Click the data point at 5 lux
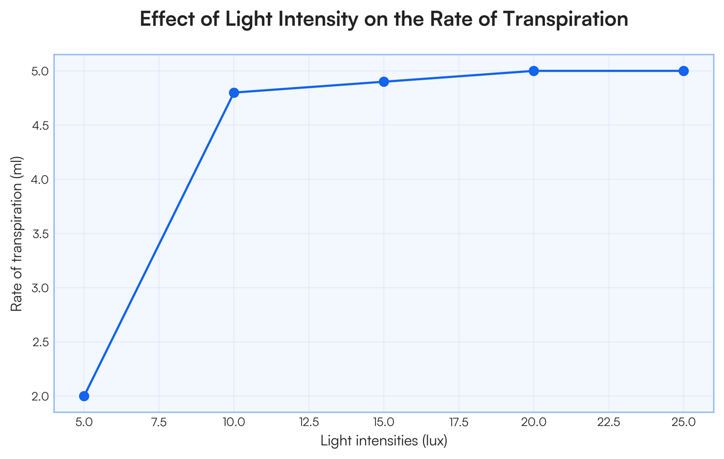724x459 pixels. coord(84,396)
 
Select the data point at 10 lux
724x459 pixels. coord(234,92)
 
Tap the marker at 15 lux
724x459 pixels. coord(384,82)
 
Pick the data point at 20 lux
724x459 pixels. coord(534,71)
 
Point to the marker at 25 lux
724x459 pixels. coord(684,71)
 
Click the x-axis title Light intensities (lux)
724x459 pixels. coord(384,441)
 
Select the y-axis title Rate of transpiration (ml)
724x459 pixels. coord(16,233)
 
